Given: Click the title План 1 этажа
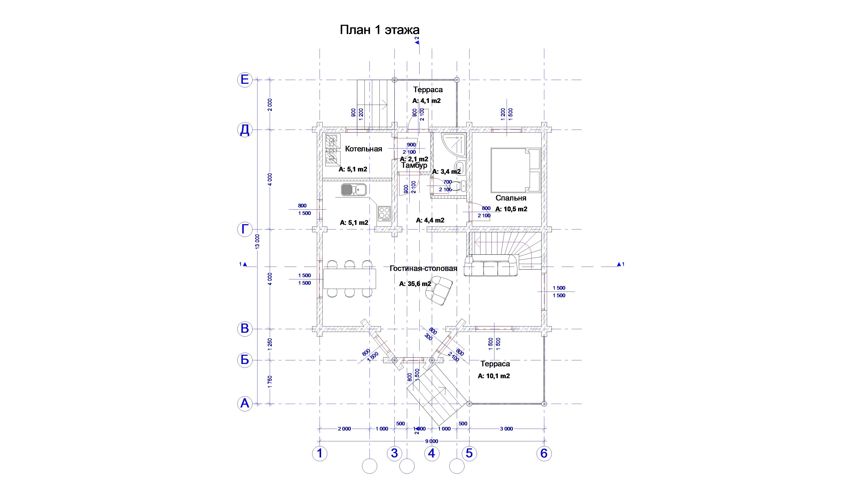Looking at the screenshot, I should [379, 30].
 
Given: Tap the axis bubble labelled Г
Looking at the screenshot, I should [245, 229].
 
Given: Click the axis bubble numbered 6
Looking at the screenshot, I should [544, 453].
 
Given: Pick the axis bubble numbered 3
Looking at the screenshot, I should [394, 453].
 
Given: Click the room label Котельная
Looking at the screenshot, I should [363, 149].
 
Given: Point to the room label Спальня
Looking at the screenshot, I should [511, 198].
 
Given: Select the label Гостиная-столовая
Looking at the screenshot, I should [423, 268].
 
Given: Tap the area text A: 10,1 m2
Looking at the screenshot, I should [493, 376].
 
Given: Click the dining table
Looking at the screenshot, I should [349, 279].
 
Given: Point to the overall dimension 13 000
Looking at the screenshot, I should [257, 241].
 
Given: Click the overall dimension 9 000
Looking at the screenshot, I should [431, 441].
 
